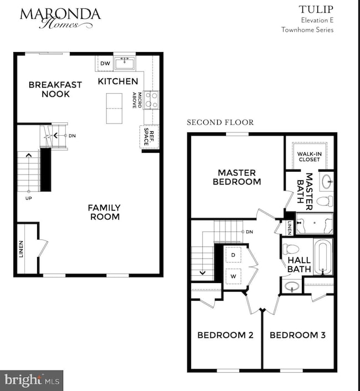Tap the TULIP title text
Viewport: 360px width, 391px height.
pos(316,9)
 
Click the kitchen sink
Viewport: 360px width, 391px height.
pos(125,63)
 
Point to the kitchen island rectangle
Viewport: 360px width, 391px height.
pos(114,109)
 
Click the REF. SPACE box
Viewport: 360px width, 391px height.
pos(148,137)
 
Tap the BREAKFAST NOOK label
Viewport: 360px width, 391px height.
pos(55,89)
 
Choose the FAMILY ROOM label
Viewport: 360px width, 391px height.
pos(104,212)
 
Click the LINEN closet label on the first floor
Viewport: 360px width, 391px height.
pos(22,249)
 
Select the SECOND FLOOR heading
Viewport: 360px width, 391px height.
pos(220,122)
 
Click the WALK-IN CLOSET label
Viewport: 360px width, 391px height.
pos(308,156)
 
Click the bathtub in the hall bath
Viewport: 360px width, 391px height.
pos(321,256)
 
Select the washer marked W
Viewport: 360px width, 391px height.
pos(233,275)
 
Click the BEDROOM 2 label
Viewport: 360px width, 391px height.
pos(222,335)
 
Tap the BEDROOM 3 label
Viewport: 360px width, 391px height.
pos(297,335)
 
